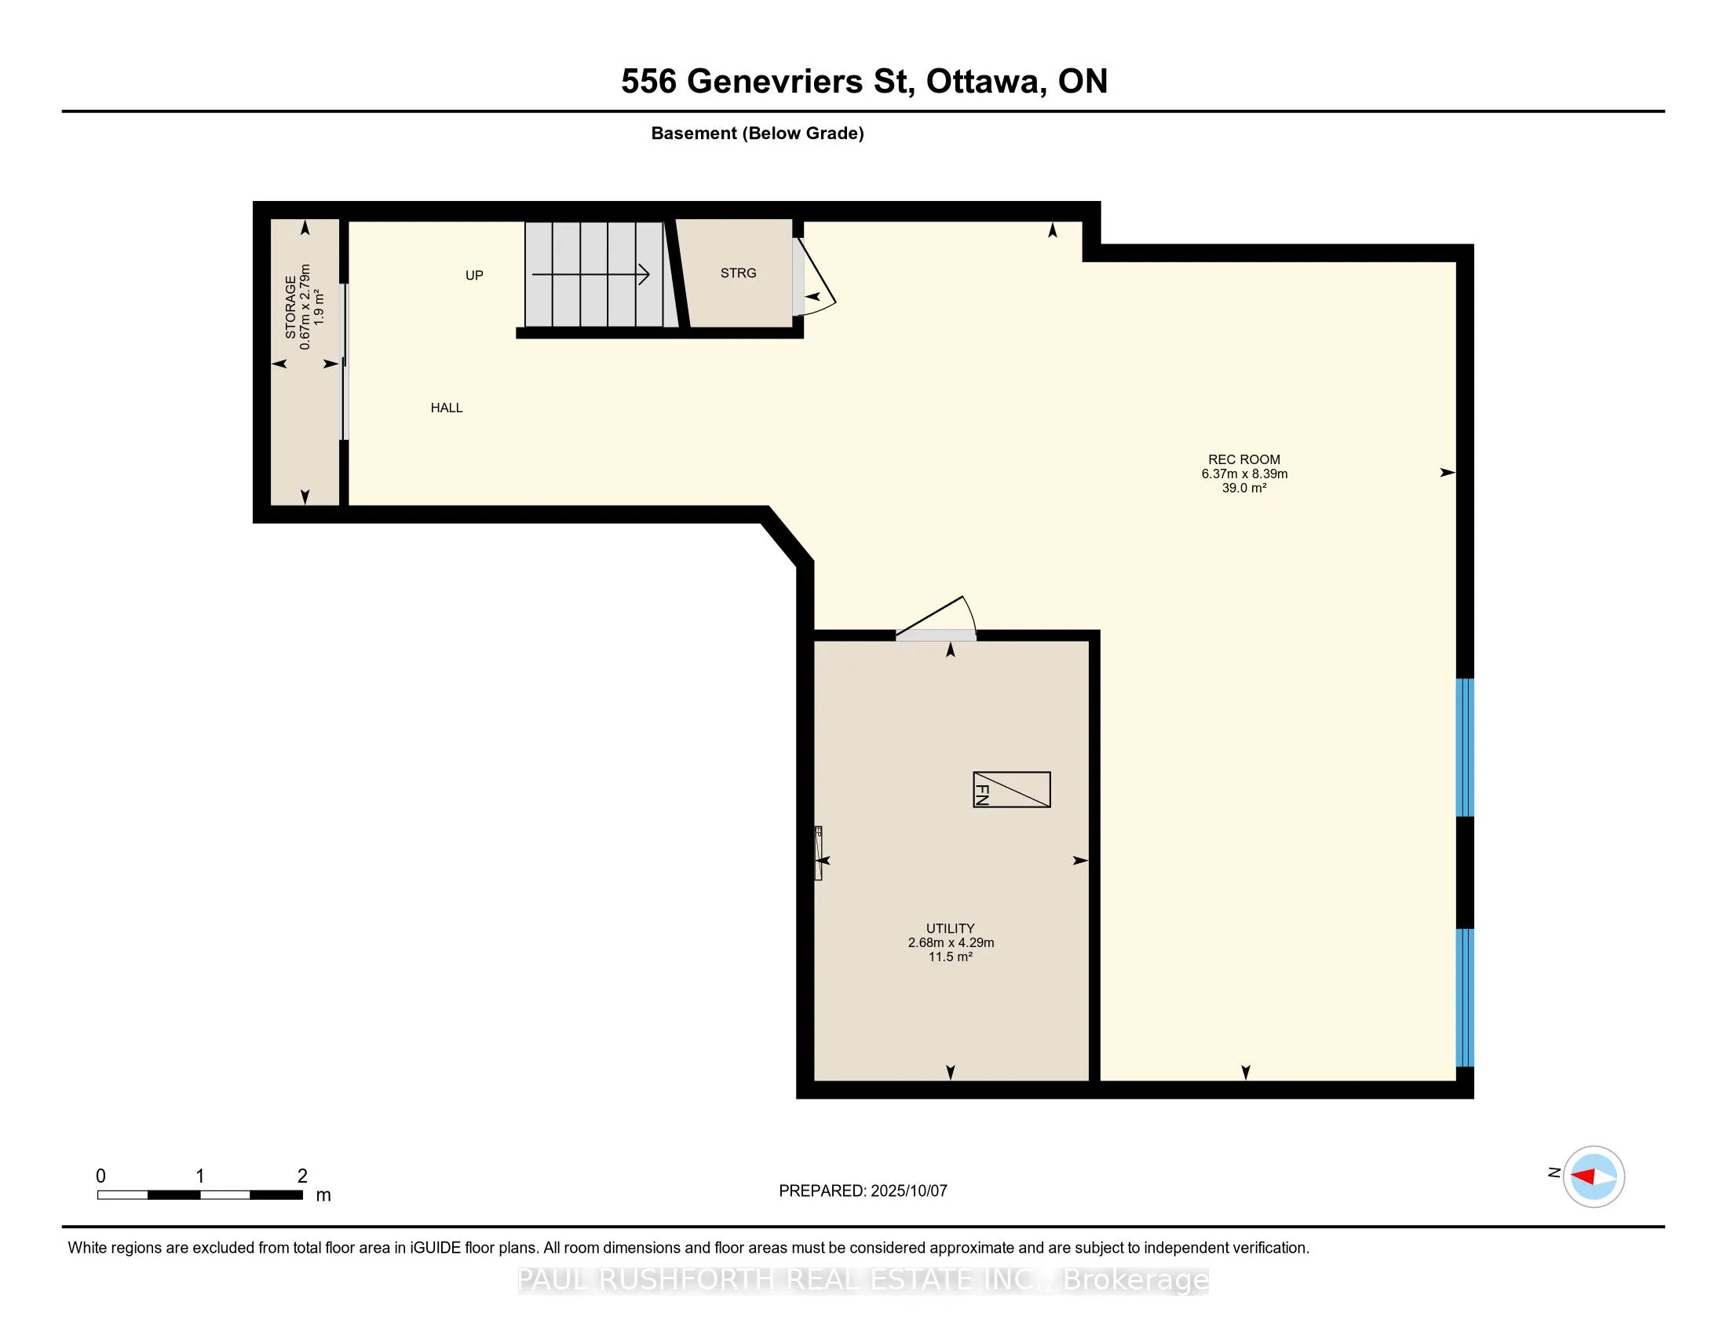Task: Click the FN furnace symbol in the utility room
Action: [1011, 789]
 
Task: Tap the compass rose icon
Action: [1594, 1177]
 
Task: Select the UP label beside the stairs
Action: [474, 275]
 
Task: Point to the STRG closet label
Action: [739, 272]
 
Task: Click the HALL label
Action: [447, 408]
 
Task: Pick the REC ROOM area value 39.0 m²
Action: [1245, 488]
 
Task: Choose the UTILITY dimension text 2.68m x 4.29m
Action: [951, 942]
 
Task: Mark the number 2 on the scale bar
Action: [302, 1176]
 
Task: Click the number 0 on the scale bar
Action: [100, 1176]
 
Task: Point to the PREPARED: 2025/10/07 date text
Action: [863, 1191]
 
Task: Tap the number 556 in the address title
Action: [648, 82]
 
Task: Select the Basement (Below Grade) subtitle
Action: [758, 133]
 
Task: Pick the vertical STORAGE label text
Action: [291, 307]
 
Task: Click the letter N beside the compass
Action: [1554, 1173]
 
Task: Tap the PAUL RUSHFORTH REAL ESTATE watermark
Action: [863, 1280]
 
